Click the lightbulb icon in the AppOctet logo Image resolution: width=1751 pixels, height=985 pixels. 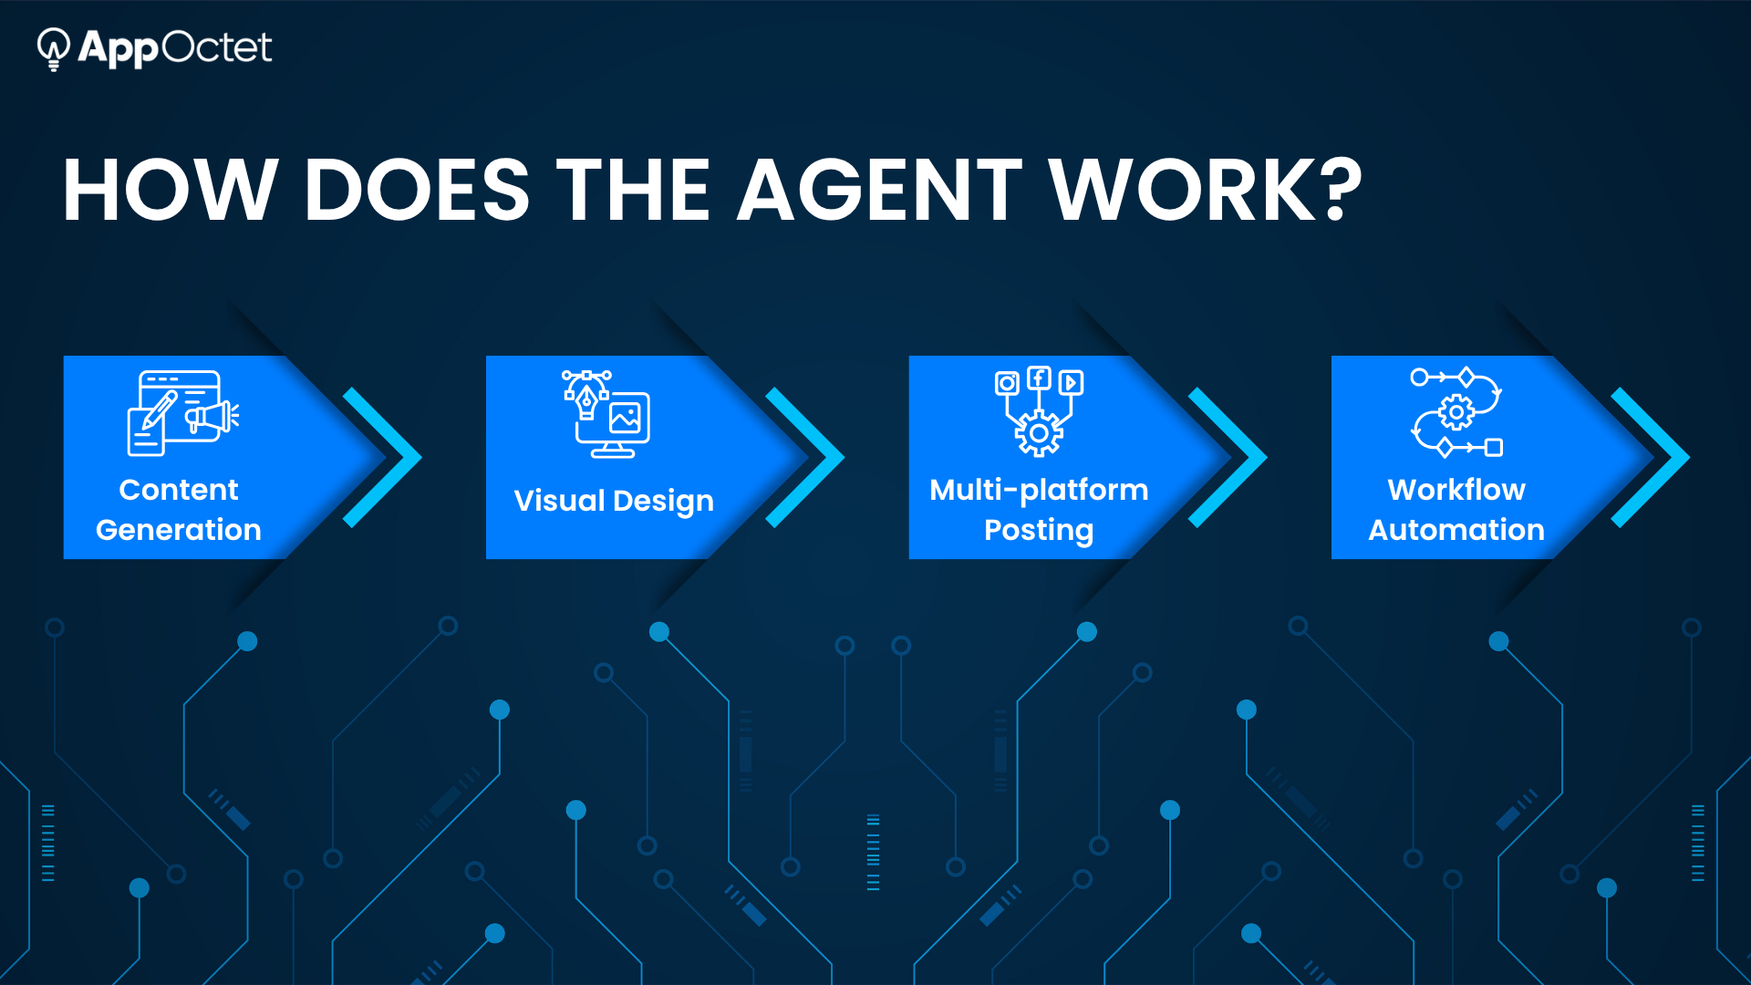click(54, 48)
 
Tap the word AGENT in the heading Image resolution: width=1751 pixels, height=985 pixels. click(880, 190)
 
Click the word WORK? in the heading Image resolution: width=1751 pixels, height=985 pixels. click(1205, 190)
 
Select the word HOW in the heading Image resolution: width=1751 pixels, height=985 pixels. click(170, 190)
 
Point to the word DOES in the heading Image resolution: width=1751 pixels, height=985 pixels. click(416, 190)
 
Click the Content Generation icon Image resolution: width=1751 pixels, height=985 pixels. click(182, 413)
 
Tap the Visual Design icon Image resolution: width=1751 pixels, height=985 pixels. click(606, 414)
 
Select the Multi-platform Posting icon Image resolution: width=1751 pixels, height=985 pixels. click(1039, 411)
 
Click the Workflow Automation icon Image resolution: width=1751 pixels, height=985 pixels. click(1456, 412)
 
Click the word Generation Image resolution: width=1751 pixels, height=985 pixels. click(179, 530)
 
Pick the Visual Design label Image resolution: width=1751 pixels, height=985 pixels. click(614, 502)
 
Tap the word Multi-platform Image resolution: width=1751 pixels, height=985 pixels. click(1039, 491)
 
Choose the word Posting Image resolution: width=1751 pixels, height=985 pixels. click(1039, 531)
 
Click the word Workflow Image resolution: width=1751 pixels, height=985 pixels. click(1456, 490)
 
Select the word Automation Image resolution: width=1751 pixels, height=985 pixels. click(1456, 530)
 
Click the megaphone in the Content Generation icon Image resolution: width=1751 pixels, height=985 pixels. click(212, 418)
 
